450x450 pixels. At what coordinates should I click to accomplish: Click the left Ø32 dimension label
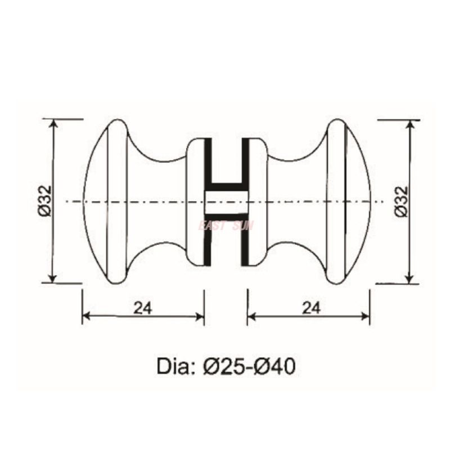(45, 201)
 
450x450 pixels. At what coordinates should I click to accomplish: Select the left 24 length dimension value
(142, 307)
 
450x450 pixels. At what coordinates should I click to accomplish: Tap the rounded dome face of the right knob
(358, 201)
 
